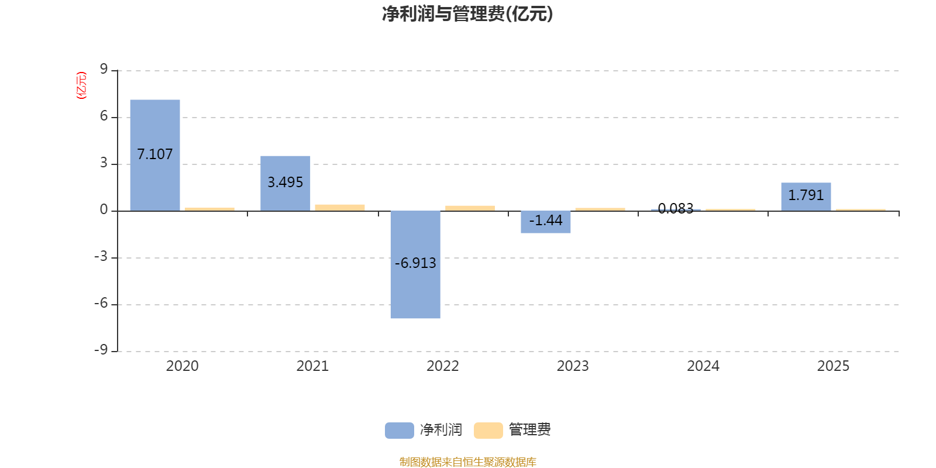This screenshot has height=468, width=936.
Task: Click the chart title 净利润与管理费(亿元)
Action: point(467,14)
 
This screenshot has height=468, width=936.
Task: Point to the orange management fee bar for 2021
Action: point(340,207)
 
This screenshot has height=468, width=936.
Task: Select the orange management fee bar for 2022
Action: point(470,208)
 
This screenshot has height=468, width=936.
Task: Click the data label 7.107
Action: point(155,154)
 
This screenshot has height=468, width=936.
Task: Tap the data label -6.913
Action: point(415,263)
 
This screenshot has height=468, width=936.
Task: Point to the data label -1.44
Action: point(546,221)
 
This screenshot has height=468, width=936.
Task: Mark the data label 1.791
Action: point(806,195)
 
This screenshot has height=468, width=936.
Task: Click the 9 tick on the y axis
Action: point(104,70)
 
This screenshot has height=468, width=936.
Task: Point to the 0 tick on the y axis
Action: point(104,210)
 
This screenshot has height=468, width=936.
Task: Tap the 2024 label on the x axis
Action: point(703,366)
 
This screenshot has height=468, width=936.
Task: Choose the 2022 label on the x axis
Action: point(442,366)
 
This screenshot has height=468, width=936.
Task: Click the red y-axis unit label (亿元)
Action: point(81,85)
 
